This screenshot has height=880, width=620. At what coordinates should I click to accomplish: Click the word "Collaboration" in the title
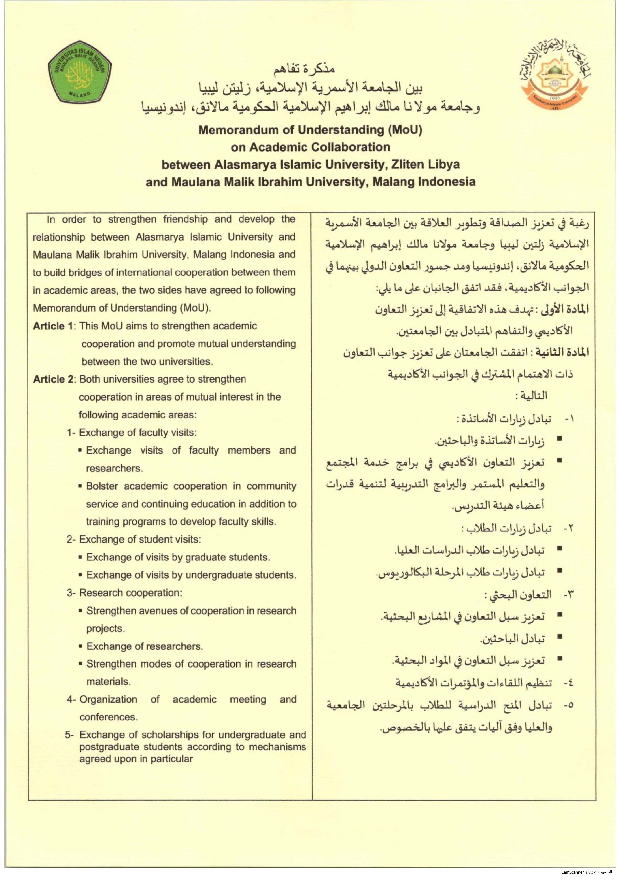point(353,147)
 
